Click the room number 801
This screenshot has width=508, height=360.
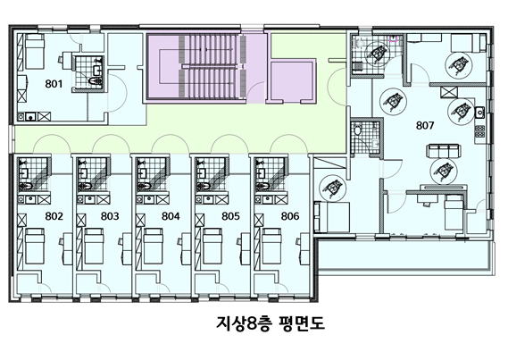[x=54, y=84]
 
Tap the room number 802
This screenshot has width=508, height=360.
[x=54, y=216]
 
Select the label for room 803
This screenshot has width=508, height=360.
[x=110, y=216]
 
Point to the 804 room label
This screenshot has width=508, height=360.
[x=171, y=216]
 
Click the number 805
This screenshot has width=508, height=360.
[x=230, y=216]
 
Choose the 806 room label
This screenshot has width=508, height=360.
[x=290, y=216]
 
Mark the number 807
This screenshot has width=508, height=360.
[x=425, y=125]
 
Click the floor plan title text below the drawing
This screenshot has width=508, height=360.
[x=271, y=323]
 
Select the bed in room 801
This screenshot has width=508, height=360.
[x=34, y=52]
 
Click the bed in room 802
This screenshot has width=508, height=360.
[x=35, y=246]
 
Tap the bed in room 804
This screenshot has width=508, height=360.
[x=154, y=246]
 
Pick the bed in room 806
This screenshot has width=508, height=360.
[x=271, y=246]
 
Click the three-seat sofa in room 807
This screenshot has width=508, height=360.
[x=444, y=152]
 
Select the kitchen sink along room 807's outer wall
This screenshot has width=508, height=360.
[x=479, y=113]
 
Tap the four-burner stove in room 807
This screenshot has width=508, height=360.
[x=479, y=131]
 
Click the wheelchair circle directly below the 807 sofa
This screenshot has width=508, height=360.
[x=444, y=172]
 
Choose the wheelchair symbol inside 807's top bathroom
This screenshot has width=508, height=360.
[x=378, y=54]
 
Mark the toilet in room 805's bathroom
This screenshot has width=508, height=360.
[x=204, y=186]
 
